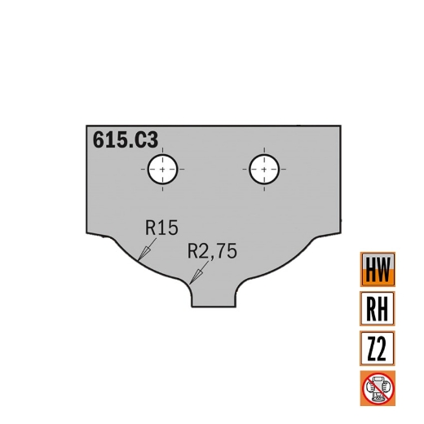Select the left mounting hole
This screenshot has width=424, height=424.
pyautogui.click(x=163, y=170)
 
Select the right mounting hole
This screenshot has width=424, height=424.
pyautogui.click(x=263, y=170)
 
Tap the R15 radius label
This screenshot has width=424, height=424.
pyautogui.click(x=161, y=227)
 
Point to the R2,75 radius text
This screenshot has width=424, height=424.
pyautogui.click(x=211, y=252)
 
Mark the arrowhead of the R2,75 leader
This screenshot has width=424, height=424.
pyautogui.click(x=192, y=282)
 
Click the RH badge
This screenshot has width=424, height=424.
pyautogui.click(x=378, y=310)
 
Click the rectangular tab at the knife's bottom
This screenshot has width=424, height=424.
pyautogui.click(x=213, y=297)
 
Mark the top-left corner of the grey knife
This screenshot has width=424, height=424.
pyautogui.click(x=87, y=126)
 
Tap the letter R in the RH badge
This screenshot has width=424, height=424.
pyautogui.click(x=370, y=310)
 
